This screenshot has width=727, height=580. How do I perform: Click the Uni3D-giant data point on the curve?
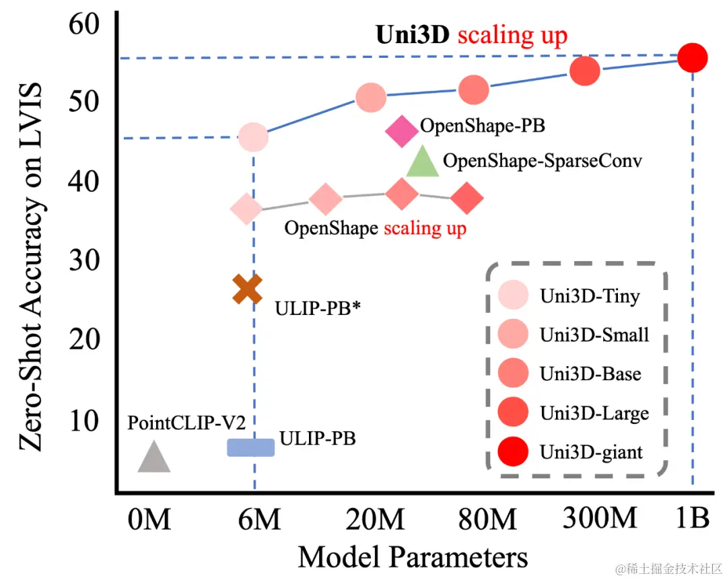692,58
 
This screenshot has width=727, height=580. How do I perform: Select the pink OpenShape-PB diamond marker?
402,131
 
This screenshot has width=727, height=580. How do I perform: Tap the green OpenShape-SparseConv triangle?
423,162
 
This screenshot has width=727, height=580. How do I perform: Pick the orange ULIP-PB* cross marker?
247,289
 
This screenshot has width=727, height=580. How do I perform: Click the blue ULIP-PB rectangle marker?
250,447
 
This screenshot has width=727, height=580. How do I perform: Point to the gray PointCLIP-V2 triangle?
154,457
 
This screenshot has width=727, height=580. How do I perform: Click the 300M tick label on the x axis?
598,519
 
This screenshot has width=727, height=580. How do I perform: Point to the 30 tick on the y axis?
84,260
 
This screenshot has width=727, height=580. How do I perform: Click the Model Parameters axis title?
413,557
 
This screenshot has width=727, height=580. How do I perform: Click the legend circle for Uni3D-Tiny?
513,296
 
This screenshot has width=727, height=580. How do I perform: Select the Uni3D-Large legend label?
594,412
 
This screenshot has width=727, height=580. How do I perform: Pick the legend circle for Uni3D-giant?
513,451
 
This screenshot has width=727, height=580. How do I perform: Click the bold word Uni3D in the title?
412,35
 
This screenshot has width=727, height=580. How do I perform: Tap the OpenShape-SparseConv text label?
543,161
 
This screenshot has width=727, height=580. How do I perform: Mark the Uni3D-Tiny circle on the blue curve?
253,137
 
